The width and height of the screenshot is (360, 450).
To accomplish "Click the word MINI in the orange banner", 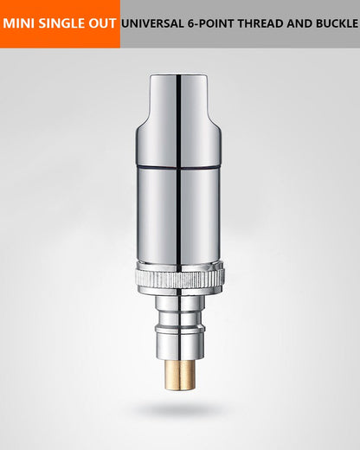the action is click(x=19, y=23).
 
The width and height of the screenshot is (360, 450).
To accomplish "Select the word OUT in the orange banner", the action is click(x=102, y=23).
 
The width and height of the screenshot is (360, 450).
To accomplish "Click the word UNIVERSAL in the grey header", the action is click(x=152, y=23).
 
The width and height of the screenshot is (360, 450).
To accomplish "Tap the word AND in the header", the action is click(x=299, y=23).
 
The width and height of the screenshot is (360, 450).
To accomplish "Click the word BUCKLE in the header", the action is click(x=337, y=23).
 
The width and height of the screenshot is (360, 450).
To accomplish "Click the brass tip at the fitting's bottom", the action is click(x=180, y=375).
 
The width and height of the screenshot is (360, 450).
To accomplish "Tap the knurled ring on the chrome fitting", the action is click(x=180, y=279).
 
